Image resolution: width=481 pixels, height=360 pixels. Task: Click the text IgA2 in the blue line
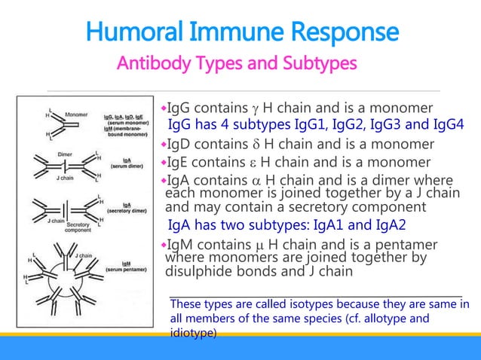pyautogui.click(x=390, y=224)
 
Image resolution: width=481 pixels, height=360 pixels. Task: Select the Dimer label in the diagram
pyautogui.click(x=65, y=154)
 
